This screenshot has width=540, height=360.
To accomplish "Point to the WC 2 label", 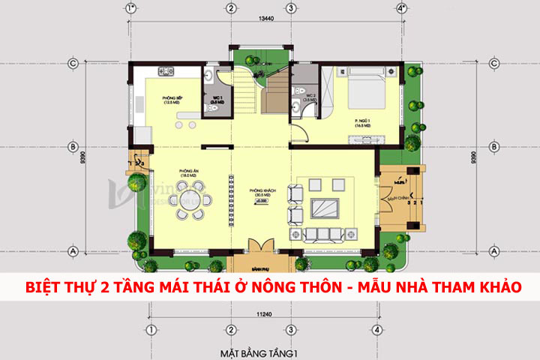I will click(x=309, y=97).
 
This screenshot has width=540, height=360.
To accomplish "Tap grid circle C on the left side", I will click(x=73, y=63).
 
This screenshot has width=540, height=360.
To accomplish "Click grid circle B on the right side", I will click(x=495, y=145).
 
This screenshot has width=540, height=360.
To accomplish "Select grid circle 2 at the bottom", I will click(x=232, y=329).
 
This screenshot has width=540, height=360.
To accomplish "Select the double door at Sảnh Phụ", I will click(x=259, y=247).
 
